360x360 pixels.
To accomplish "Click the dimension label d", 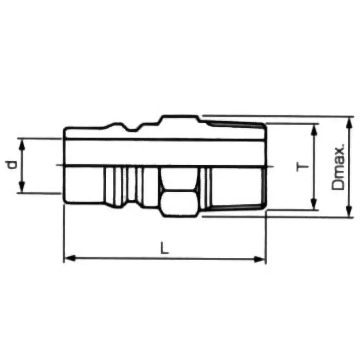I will click(13, 166).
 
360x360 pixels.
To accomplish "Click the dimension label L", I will click(165, 248).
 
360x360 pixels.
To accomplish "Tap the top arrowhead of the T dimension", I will click(315, 127).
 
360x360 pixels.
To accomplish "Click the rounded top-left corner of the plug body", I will click(66, 130).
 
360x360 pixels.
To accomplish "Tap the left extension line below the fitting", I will click(63, 234).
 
